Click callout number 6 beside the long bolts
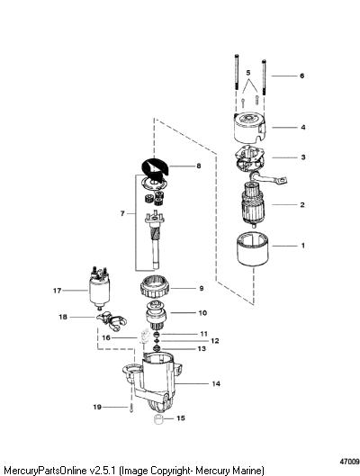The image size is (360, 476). click(x=301, y=76)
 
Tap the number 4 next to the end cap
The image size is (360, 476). click(x=303, y=127)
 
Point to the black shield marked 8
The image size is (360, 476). click(x=156, y=167)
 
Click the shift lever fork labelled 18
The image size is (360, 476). click(x=112, y=321)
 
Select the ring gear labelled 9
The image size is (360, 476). click(x=155, y=290)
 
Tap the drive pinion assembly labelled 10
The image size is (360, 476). click(x=155, y=317)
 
